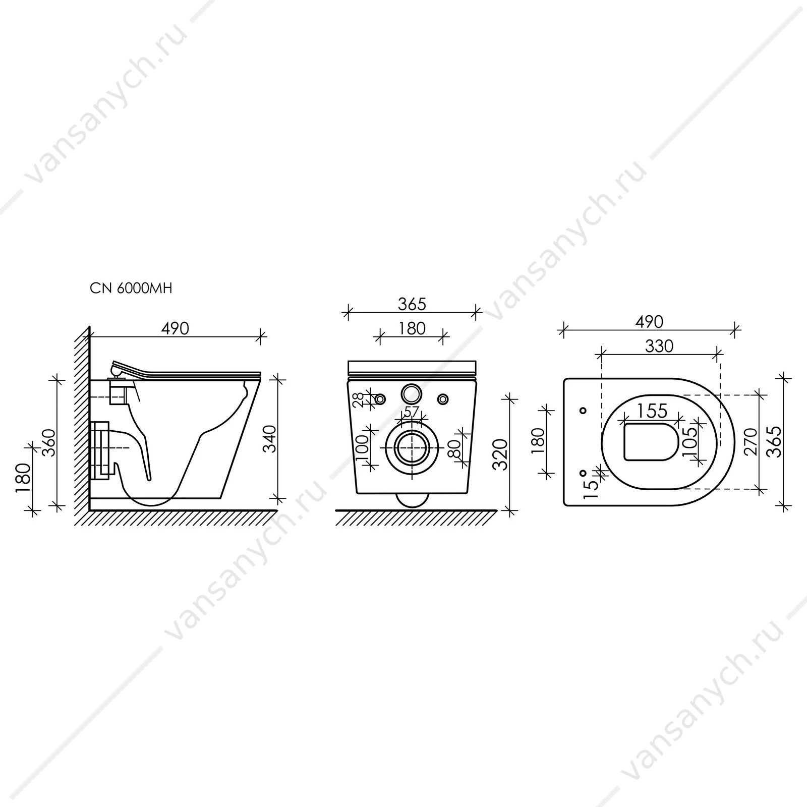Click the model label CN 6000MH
tap(131, 288)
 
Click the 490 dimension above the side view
tap(175, 328)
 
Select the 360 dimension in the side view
tap(49, 444)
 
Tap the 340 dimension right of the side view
tap(271, 439)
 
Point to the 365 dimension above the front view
tap(412, 304)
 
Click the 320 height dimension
tap(500, 454)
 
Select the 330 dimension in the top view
tap(659, 346)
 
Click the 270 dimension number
tap(751, 442)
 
